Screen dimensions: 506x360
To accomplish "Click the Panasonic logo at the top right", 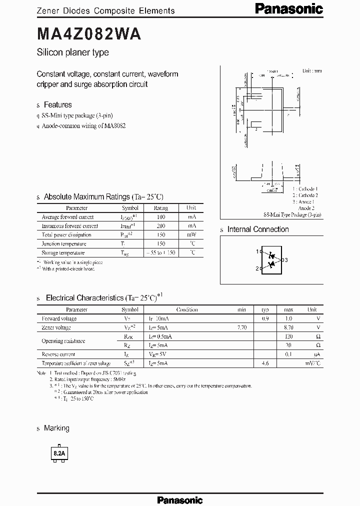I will (x=289, y=8).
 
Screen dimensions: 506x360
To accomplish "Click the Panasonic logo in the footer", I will (x=180, y=499).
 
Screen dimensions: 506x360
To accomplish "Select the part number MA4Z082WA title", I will (x=89, y=33).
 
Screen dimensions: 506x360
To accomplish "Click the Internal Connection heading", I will (x=258, y=229).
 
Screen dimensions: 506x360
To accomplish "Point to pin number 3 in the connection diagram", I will (x=286, y=260).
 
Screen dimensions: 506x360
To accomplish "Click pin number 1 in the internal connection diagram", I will (x=257, y=251).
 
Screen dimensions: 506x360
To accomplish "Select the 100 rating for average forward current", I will (x=160, y=217).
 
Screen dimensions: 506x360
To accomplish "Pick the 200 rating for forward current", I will (x=160, y=226).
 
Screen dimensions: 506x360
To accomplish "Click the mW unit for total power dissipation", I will (x=191, y=235).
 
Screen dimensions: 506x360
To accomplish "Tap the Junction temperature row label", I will (x=64, y=244).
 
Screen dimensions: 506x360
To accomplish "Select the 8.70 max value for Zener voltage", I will (x=288, y=327).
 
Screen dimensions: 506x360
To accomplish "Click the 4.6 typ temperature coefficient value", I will (x=265, y=363).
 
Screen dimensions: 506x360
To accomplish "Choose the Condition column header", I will (x=187, y=309).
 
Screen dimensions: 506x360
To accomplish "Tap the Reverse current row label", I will (x=58, y=354).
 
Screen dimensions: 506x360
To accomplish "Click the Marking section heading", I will (x=56, y=428).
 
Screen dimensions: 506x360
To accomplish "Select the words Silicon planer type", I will (x=73, y=52).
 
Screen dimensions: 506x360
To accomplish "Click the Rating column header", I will (x=160, y=208).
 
